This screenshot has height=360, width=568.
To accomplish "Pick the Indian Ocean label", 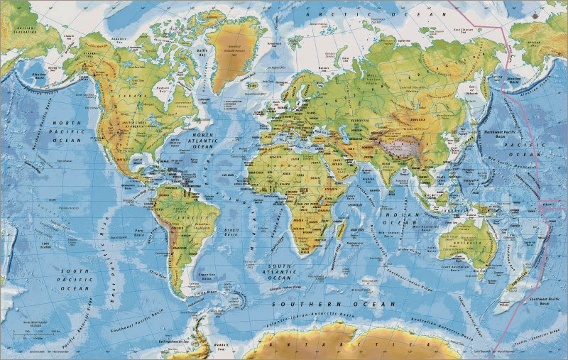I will [x=398, y=218].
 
